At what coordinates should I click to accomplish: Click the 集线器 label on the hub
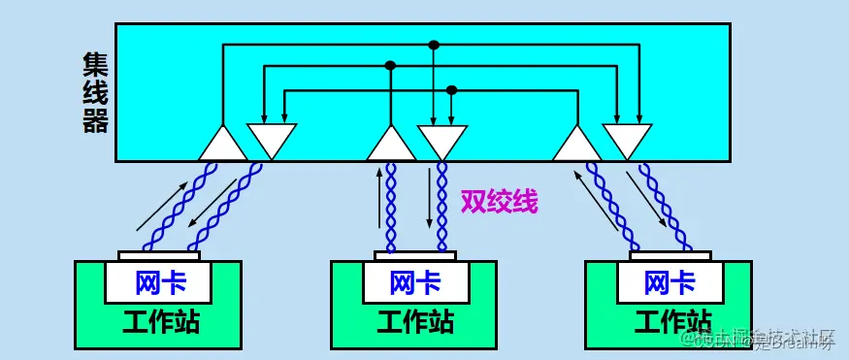pyautogui.click(x=95, y=92)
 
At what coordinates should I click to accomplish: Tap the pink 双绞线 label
pyautogui.click(x=499, y=202)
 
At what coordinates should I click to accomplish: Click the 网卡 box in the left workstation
pyautogui.click(x=159, y=283)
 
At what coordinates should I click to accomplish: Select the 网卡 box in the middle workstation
pyautogui.click(x=415, y=283)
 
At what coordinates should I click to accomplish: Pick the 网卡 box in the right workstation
pyautogui.click(x=670, y=283)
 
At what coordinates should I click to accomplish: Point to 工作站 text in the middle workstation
pyautogui.click(x=415, y=321)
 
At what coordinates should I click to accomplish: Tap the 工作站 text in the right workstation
pyautogui.click(x=670, y=321)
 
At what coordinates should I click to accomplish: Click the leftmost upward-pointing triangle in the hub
pyautogui.click(x=222, y=146)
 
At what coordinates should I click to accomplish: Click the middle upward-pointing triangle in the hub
pyautogui.click(x=392, y=146)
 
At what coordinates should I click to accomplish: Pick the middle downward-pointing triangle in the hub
pyautogui.click(x=441, y=139)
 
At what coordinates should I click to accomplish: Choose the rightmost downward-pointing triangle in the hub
pyautogui.click(x=627, y=139)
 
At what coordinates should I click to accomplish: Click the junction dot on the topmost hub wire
pyautogui.click(x=434, y=45)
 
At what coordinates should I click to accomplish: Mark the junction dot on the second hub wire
pyautogui.click(x=391, y=66)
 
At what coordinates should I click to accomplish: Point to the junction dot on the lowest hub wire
pyautogui.click(x=451, y=90)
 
